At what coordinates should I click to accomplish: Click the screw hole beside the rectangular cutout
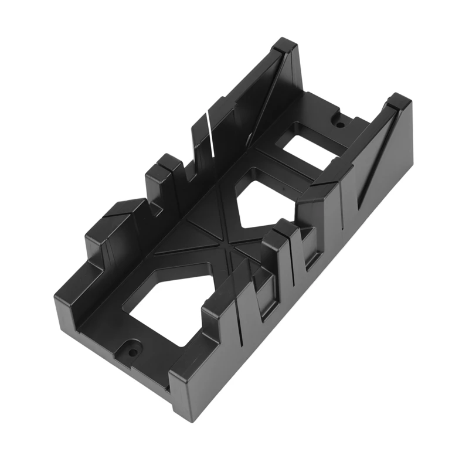coord(338,123)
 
